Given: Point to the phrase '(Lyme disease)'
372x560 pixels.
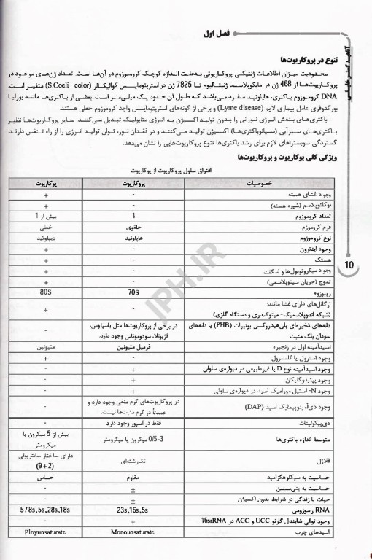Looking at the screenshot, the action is point(163,106).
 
